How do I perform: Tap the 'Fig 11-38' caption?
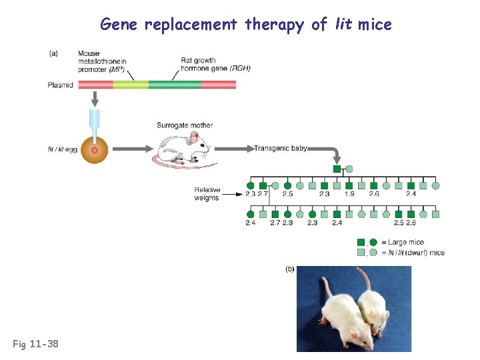[35, 344]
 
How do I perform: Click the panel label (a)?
[54, 54]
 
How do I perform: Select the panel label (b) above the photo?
[290, 269]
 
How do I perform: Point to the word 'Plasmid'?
[61, 85]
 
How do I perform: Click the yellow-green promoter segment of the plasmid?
[131, 85]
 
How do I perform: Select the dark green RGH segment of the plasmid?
[174, 85]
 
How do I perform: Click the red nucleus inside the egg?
[95, 150]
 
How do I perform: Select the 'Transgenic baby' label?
[281, 149]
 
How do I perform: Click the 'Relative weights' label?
[207, 194]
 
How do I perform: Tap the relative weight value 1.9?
[349, 195]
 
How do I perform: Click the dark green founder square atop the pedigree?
[337, 169]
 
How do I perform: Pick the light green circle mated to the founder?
[349, 169]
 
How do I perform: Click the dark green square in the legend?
[361, 243]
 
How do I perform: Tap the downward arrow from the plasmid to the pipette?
[95, 99]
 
